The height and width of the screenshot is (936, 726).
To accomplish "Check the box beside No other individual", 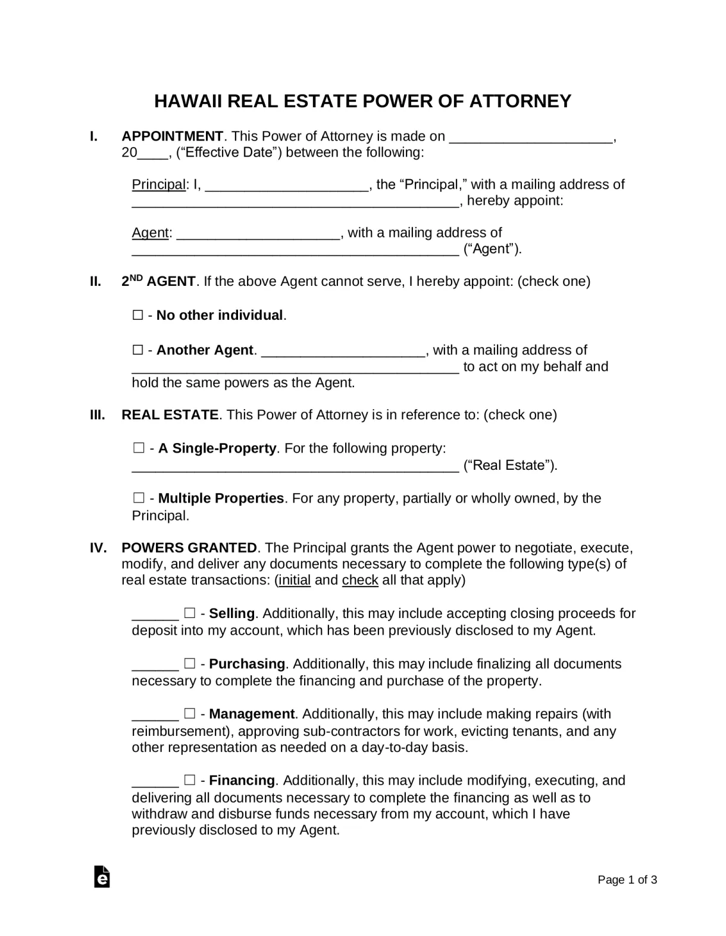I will coord(138,315).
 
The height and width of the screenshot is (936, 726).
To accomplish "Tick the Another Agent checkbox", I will coord(138,350).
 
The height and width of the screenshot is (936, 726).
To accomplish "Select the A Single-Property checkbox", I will coord(139,448).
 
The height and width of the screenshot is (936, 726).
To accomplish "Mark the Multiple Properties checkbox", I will coord(139,498).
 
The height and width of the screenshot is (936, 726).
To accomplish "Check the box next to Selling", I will coord(190,613).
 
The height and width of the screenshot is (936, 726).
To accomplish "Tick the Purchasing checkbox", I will coord(190,663).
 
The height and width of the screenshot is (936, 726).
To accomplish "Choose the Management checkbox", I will coord(190,713).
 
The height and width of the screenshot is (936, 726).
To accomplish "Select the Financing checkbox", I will coord(190,780).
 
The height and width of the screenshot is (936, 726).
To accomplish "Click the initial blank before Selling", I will coord(155,614).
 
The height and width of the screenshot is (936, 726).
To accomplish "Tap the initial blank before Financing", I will coord(155,781).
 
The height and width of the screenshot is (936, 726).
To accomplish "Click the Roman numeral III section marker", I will coord(98,415).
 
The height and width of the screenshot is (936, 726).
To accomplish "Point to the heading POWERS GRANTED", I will coord(189,548).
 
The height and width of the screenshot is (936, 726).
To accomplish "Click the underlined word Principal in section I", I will coord(158,185).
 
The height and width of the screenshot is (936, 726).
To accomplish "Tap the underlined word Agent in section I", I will coord(150,233).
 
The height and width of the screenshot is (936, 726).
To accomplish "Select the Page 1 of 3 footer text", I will coord(627,880).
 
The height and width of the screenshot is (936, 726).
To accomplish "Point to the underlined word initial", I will coord(294,580).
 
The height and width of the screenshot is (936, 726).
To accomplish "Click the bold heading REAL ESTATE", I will coord(170,415).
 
